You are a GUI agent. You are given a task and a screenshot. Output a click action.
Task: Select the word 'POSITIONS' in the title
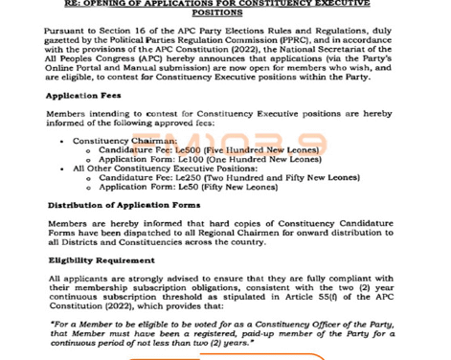tap(225, 12)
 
